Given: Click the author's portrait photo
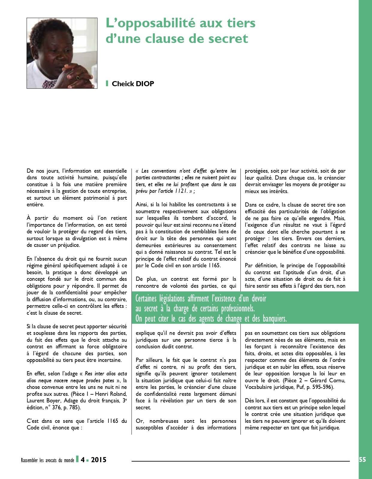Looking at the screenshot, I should click(62, 53).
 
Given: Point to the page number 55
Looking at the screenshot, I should click(362, 459).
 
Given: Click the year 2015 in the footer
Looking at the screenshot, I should click(99, 460).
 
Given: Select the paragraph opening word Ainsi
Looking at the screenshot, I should click(141, 205).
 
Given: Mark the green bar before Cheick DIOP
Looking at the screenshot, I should click(107, 83).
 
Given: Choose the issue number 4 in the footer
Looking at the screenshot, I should click(83, 460).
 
